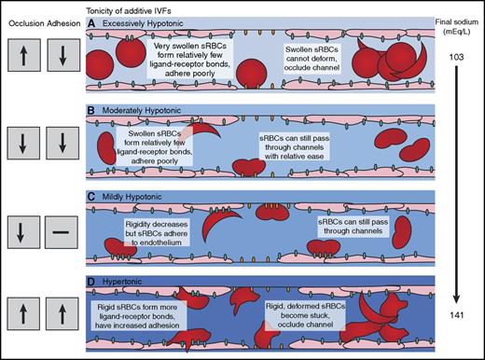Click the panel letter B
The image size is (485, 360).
pos(92,108)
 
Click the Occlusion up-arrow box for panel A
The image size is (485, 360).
pos(21,58)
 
